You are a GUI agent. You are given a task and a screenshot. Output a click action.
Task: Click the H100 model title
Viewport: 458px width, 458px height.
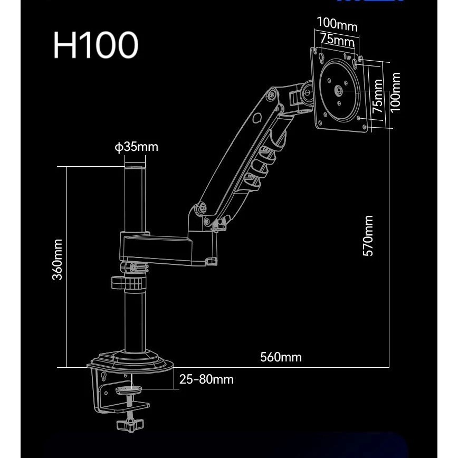[96, 45]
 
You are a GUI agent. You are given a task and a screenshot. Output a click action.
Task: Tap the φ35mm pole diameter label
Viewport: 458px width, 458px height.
[136, 146]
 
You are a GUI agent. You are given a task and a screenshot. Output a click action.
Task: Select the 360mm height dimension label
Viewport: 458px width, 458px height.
[58, 260]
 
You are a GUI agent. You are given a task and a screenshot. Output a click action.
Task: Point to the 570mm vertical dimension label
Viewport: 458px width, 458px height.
[368, 235]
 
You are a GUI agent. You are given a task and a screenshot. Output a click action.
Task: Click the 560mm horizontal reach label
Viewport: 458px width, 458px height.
[281, 357]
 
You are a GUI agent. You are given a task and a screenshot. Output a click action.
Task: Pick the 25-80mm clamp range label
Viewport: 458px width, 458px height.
[206, 379]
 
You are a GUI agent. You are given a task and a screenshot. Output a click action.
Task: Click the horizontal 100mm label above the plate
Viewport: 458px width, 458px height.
[337, 24]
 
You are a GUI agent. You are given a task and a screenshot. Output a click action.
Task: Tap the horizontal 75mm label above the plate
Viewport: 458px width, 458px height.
[337, 40]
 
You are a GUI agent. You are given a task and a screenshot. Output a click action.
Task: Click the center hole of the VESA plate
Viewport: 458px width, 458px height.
[338, 90]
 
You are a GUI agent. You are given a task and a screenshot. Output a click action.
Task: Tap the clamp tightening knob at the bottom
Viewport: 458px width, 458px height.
[129, 423]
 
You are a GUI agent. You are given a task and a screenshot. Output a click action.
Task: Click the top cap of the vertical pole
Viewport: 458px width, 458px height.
[135, 168]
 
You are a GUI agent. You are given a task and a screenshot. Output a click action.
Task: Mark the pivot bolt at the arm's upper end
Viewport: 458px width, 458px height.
[271, 97]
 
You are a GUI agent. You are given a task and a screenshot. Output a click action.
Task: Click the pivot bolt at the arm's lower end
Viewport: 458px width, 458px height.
[201, 208]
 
